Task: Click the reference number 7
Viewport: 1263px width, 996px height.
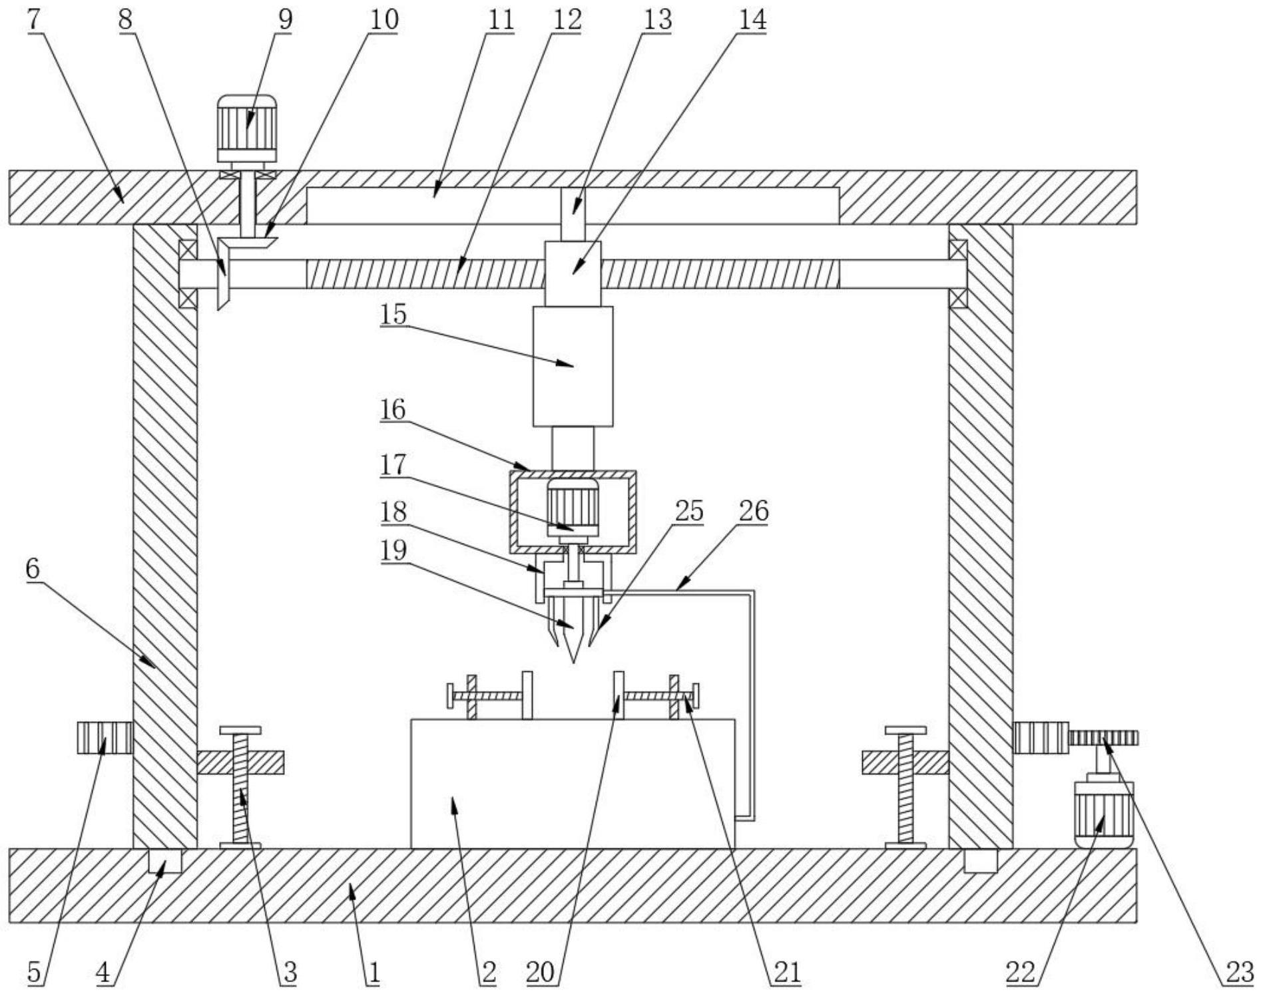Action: coord(35,19)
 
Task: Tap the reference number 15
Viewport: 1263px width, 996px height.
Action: coord(393,313)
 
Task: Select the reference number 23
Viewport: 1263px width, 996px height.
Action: coord(1239,973)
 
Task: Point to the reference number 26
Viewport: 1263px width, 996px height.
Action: coord(753,511)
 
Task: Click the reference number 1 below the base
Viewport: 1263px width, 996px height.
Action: coord(374,973)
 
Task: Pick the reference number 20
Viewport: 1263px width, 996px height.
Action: coord(540,973)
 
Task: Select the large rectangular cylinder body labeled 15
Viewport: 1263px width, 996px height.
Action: coord(573,366)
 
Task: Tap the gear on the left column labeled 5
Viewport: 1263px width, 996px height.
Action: coord(105,738)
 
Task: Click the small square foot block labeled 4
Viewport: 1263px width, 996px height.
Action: coord(164,860)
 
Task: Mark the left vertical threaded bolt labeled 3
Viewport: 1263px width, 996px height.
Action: coord(240,788)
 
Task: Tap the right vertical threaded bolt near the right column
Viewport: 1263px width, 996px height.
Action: coord(905,788)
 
